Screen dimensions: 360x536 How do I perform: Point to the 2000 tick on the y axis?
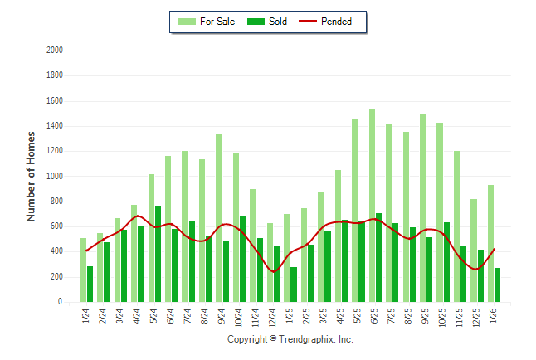(x=55, y=51)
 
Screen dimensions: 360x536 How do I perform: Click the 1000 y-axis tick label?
(x=55, y=177)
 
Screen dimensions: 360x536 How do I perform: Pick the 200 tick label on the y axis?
(x=56, y=277)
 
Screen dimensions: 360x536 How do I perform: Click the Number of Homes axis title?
(x=31, y=176)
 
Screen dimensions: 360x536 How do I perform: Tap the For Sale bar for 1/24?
(x=83, y=270)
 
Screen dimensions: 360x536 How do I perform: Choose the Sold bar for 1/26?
(x=497, y=285)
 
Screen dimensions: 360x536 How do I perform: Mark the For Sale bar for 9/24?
(x=219, y=218)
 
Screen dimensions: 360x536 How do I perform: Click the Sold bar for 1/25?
(x=294, y=284)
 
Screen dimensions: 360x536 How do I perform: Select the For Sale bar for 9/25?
(x=422, y=207)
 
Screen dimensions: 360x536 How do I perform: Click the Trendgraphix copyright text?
(x=290, y=339)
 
